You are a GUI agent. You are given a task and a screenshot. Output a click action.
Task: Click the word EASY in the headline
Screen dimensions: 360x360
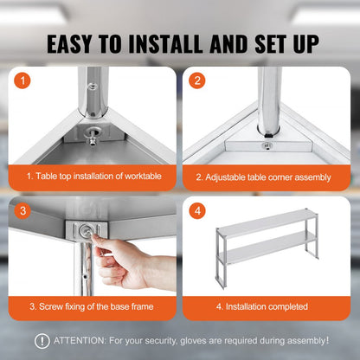coord(76,43)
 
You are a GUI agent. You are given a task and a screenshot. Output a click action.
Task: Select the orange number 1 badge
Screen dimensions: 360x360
coord(25,82)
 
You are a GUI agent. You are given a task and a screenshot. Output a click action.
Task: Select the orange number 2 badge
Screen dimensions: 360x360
coord(197,82)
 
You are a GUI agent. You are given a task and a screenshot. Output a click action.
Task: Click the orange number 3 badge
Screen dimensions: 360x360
coord(25,211)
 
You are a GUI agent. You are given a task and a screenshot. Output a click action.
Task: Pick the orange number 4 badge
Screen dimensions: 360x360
coord(197,211)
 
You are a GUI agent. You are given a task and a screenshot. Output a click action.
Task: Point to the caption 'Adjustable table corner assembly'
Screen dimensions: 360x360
coord(264,177)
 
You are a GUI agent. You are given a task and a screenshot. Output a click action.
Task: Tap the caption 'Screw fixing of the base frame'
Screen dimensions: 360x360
coord(92,306)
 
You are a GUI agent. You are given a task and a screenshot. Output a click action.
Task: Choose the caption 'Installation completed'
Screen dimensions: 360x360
coord(264,306)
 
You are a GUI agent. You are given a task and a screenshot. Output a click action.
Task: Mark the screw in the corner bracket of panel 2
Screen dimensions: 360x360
coord(267,145)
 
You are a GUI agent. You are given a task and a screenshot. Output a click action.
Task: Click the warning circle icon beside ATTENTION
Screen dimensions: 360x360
coord(42,341)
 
